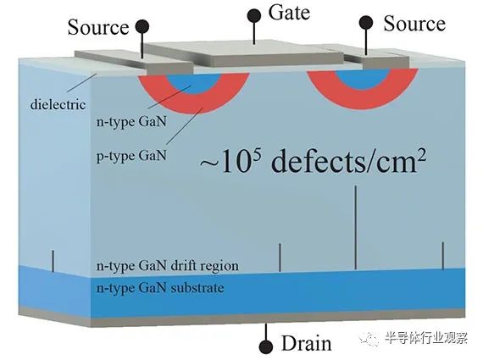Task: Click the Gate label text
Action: tap(289, 14)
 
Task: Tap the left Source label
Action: tap(98, 27)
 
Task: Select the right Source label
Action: tap(414, 24)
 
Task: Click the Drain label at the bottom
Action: tap(307, 343)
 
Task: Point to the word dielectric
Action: tap(58, 104)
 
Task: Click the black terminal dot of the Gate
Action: tap(254, 15)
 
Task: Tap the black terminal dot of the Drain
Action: tap(266, 347)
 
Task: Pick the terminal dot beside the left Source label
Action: tap(142, 27)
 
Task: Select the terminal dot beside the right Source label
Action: tap(366, 23)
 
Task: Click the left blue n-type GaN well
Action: tap(194, 83)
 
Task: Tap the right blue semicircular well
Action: tap(363, 79)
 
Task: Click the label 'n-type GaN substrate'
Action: tap(160, 288)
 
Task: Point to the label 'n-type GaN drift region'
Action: tap(168, 266)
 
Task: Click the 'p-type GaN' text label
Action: tap(131, 155)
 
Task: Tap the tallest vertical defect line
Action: tap(356, 227)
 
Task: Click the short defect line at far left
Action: tap(53, 261)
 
